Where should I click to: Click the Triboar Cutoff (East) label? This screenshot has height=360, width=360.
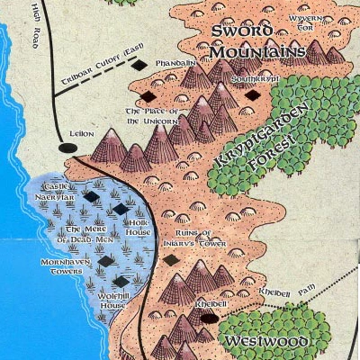tap(101, 78)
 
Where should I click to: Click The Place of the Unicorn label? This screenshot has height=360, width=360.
tap(154, 115)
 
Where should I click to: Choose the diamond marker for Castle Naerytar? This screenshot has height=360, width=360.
tap(91, 193)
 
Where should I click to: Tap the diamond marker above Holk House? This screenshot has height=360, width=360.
tap(121, 209)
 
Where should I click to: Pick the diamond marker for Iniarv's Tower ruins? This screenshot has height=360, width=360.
tap(170, 260)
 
